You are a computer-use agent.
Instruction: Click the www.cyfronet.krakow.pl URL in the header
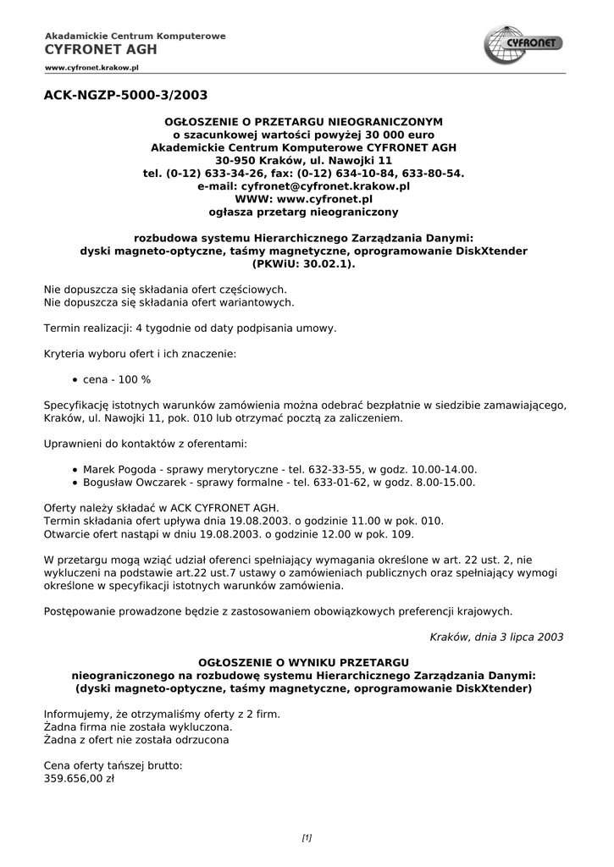[91, 65]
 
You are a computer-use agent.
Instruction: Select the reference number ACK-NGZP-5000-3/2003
[125, 95]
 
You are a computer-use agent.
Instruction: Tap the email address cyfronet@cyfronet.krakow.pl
[326, 185]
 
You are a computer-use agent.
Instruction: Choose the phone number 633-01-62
[320, 483]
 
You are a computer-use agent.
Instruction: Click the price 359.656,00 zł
[79, 779]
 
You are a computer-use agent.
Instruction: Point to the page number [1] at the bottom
[307, 838]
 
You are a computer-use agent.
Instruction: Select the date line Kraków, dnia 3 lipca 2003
[496, 636]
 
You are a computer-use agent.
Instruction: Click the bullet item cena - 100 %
[117, 380]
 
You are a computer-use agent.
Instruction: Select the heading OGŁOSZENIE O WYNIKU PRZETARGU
[303, 662]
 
